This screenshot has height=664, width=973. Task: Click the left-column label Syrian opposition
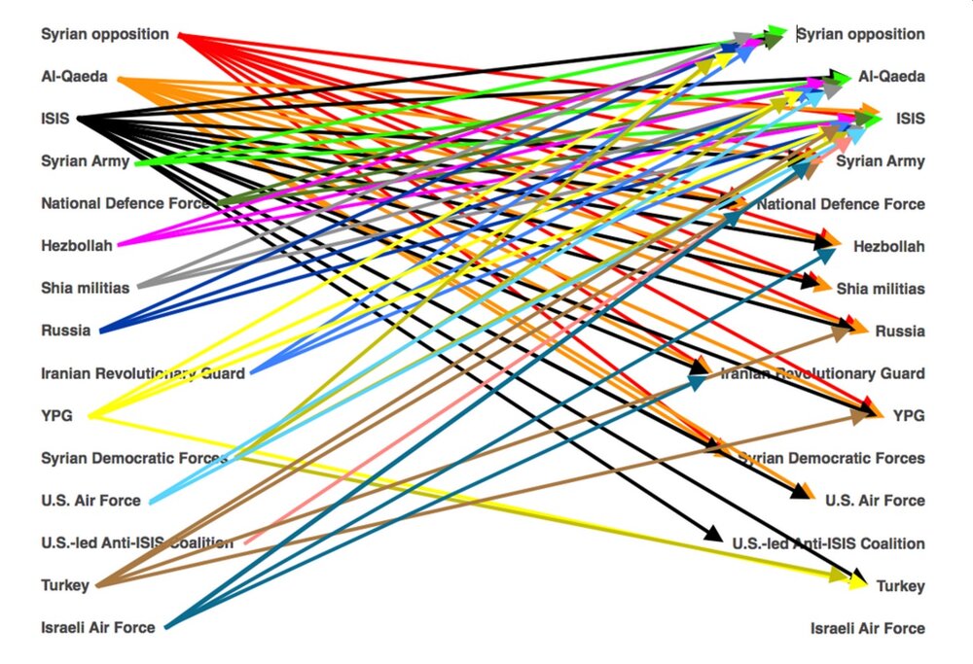pos(105,35)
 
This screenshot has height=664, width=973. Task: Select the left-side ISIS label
pos(55,120)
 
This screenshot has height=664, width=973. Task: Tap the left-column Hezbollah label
pos(77,246)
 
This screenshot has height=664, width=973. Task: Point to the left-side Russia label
pos(66,331)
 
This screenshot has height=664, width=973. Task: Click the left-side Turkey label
pos(65,585)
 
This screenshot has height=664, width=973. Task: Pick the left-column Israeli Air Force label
pos(98,628)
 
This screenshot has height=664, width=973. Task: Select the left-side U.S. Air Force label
pos(90,501)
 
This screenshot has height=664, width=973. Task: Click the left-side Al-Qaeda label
pos(74,77)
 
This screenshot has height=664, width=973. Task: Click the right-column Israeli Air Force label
pos(868,629)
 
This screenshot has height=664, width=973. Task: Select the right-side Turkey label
pos(901,586)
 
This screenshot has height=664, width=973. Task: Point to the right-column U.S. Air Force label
pos(875,501)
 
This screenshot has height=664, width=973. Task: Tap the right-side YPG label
pos(909,416)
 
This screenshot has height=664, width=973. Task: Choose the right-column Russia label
pos(900,332)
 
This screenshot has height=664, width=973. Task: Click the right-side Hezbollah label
pos(889,247)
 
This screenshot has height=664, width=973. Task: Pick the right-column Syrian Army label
pos(881,161)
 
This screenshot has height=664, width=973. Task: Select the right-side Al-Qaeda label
pos(891,77)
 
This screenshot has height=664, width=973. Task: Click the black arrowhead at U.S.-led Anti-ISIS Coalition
pos(713,534)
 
